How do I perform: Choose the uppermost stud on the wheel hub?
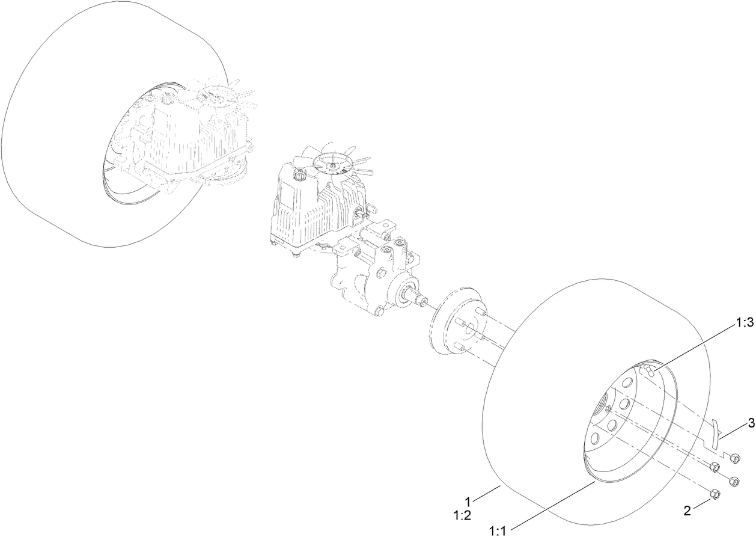481,311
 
